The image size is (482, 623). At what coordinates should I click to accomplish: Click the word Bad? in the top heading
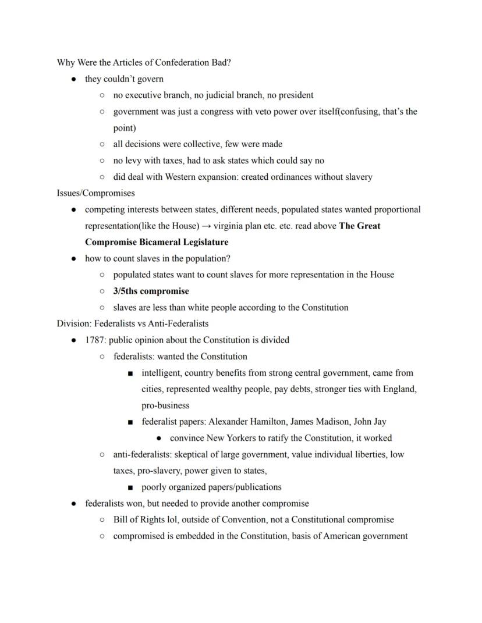point(220,62)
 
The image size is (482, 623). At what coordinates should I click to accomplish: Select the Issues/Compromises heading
point(95,193)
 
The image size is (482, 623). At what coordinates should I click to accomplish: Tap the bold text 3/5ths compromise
point(151,291)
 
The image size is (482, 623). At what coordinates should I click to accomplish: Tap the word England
point(399,389)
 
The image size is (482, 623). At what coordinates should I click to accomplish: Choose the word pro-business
point(165,405)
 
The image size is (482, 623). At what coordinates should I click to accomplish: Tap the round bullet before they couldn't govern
point(74,79)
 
